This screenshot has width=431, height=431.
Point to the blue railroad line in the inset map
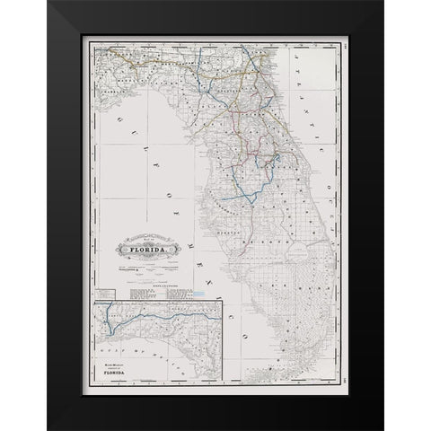(135, 316)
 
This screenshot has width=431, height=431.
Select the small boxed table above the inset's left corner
(105, 293)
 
